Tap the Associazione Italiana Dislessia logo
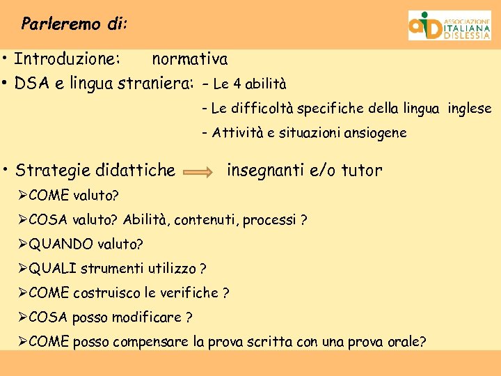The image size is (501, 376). tap(449, 26)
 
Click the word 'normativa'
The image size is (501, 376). tap(189, 60)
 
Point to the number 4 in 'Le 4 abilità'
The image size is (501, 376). tap(237, 85)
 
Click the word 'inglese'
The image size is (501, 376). tap(469, 109)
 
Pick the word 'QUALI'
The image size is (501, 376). tap(54, 269)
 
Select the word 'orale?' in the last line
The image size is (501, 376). tap(404, 342)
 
